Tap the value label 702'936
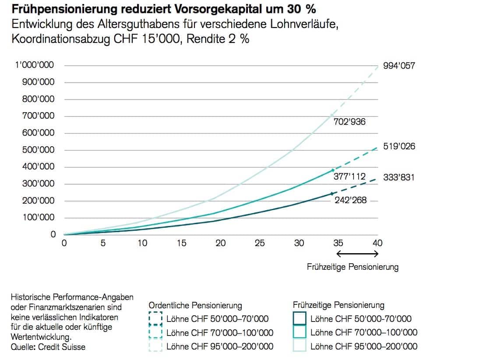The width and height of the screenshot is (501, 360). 349,122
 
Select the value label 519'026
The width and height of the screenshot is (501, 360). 399,147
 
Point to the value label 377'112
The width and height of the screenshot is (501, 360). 349,176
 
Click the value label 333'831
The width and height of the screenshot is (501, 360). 399,178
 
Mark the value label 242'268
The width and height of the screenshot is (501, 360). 349,201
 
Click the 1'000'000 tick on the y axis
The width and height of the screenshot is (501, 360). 38,65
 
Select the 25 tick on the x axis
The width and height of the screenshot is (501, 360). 260,243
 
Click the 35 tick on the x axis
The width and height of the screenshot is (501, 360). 338,243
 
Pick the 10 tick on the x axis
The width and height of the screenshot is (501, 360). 142,243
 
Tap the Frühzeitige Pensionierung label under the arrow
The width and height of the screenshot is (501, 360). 353,267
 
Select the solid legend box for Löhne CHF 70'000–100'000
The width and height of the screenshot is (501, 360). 299,332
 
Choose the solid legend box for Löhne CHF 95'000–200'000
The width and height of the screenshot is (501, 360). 299,346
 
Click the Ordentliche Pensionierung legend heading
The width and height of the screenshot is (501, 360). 195,305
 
